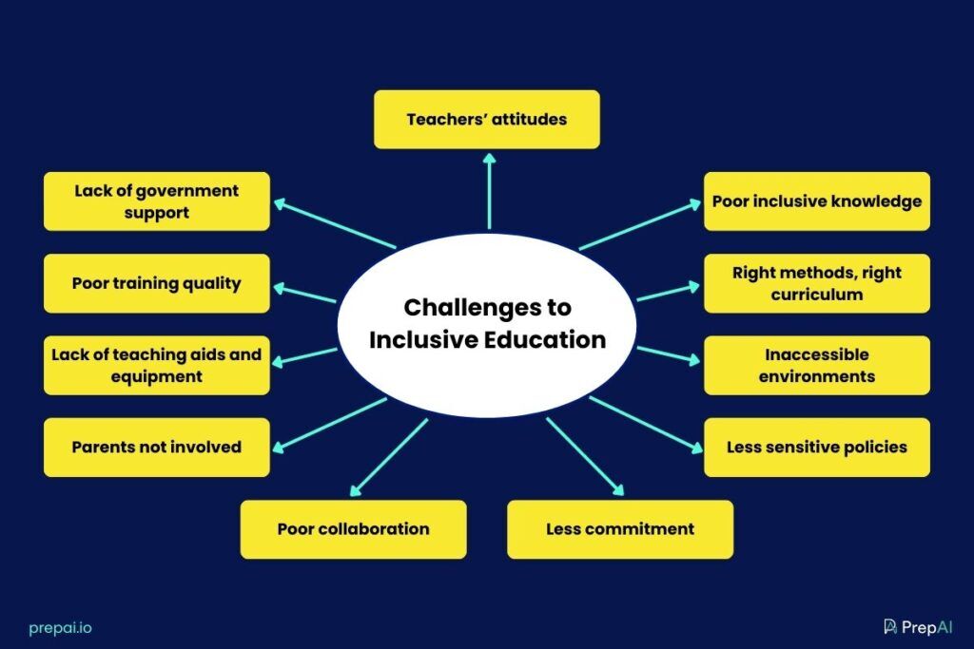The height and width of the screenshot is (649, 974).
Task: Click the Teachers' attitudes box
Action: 487,120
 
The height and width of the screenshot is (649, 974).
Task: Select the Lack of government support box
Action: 157,201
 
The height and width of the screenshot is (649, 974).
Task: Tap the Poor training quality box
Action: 157,283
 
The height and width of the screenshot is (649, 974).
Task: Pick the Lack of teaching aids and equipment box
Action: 157,365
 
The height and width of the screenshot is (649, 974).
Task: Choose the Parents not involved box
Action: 157,447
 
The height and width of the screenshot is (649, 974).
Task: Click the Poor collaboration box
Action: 353,529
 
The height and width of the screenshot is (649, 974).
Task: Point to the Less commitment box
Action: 620,529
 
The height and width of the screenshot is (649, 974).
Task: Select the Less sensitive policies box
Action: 817,447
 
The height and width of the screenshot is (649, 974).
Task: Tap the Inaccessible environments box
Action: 817,365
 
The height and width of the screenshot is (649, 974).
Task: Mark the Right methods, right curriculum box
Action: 817,283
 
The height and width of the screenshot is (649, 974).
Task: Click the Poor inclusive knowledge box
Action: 817,201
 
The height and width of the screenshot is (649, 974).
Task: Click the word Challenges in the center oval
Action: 487,308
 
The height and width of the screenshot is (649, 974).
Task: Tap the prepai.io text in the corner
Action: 61,627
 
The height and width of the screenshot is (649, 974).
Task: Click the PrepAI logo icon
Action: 890,626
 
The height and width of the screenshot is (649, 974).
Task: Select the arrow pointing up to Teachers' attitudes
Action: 489,190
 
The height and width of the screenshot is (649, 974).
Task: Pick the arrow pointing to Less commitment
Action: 584,456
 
